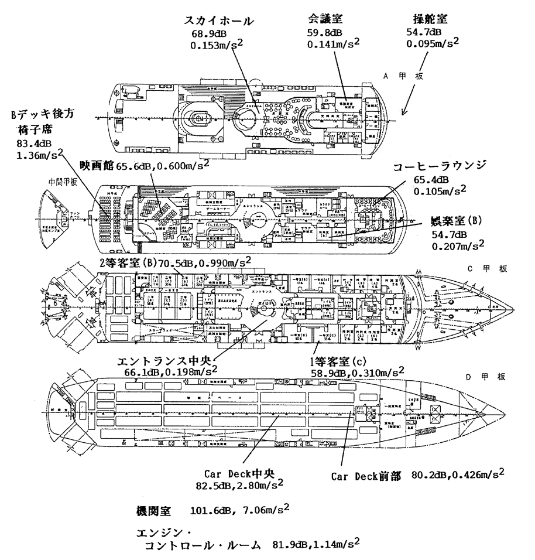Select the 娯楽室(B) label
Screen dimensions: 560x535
point(456,222)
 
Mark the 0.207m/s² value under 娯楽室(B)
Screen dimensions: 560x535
point(458,246)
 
